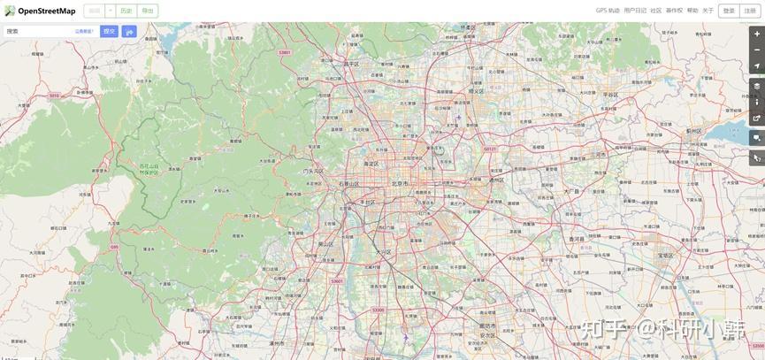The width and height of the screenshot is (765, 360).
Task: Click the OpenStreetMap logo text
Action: [46, 11]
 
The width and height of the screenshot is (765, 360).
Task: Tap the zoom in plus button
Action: [756, 34]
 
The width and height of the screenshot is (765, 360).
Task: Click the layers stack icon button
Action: [756, 86]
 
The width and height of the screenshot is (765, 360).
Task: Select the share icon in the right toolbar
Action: [756, 118]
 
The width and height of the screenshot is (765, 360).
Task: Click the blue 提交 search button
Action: [109, 31]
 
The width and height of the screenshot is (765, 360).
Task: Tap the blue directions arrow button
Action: [129, 31]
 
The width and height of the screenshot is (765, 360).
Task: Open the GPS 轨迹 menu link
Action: [608, 11]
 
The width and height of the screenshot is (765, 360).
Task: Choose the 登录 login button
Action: [728, 11]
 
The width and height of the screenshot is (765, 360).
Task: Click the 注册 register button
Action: [751, 11]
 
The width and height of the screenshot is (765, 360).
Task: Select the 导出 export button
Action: [147, 11]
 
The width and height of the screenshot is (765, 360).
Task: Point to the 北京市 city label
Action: [400, 183]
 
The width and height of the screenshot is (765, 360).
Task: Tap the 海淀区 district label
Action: [371, 164]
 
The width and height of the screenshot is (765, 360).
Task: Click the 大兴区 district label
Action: [383, 251]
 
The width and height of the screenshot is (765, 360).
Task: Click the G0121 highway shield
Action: [489, 149]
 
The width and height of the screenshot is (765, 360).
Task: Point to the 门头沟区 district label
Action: [313, 171]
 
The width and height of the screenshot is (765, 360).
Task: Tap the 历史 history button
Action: [126, 11]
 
